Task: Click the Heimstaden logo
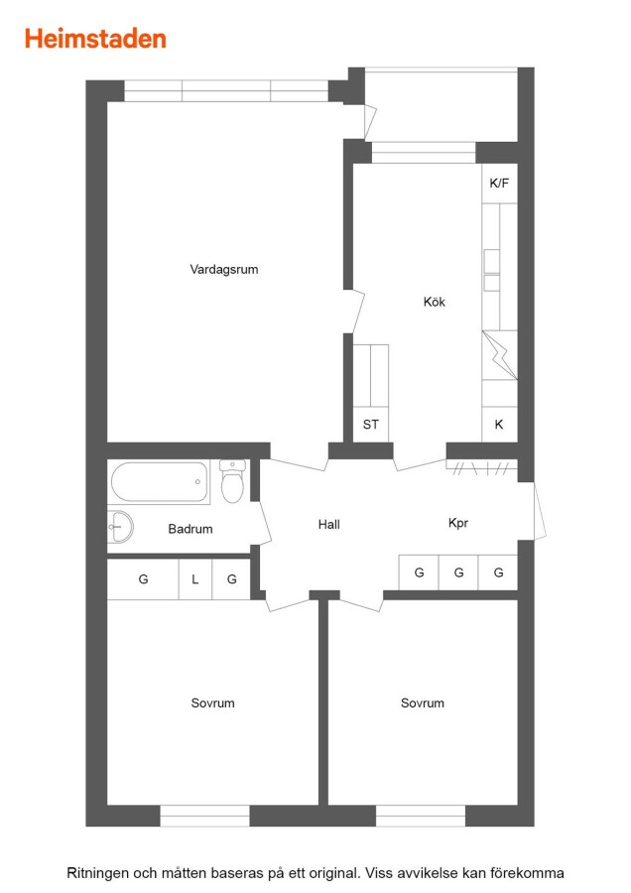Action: (95, 39)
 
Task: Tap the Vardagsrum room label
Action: (224, 269)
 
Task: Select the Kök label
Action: (434, 302)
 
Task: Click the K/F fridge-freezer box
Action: (499, 183)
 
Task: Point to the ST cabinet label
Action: (371, 425)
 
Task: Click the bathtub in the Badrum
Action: (160, 482)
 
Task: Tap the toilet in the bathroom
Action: (232, 481)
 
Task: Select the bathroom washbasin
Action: (120, 526)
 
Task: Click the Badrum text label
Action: (190, 529)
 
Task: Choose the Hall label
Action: (329, 525)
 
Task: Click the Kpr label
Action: (458, 523)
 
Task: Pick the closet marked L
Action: (195, 579)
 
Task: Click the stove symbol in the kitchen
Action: (499, 355)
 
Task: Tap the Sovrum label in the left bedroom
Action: (212, 702)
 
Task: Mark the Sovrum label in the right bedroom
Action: (422, 702)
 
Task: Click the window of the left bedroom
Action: (204, 816)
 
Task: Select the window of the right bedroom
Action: (421, 816)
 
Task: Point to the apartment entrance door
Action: (539, 511)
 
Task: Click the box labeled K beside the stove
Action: (499, 425)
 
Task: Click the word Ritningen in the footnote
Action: (97, 873)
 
